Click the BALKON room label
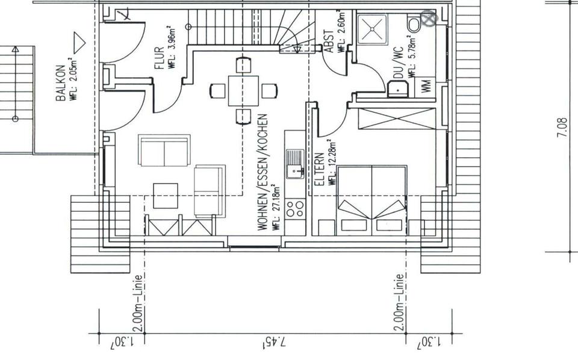coord(60,83)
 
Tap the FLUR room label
coord(159,58)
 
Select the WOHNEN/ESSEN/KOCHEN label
coord(262,172)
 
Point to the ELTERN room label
coord(319,170)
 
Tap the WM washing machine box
coord(426,87)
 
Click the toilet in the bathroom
coord(414,23)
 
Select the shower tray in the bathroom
coord(372,29)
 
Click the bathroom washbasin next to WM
coord(398,89)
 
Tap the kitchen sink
coord(295,164)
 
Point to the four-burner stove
coord(295,208)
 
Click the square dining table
coord(243,91)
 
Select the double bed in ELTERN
coord(372,200)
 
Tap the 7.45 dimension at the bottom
coord(275,343)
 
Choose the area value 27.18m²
coord(276,208)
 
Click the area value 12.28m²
coord(332,162)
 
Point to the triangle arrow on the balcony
coord(79,43)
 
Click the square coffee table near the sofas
coord(166,196)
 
